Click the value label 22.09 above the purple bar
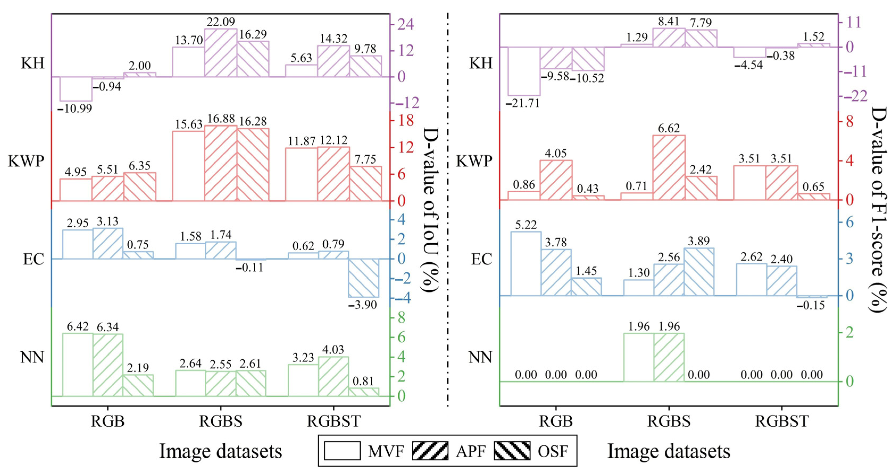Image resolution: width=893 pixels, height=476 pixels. tap(221, 22)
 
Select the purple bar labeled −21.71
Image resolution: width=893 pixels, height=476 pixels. tap(524, 71)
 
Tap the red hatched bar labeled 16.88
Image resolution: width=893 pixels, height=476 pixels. tap(221, 163)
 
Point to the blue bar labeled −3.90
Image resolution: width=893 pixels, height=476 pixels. tap(364, 278)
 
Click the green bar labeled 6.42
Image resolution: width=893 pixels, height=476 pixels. tap(78, 365)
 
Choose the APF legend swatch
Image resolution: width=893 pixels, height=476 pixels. tap(430, 451)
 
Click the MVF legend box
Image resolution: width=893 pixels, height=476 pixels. tap(342, 451)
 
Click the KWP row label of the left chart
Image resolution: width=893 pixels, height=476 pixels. tap(26, 161)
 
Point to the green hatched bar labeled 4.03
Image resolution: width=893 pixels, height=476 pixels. tap(333, 376)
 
